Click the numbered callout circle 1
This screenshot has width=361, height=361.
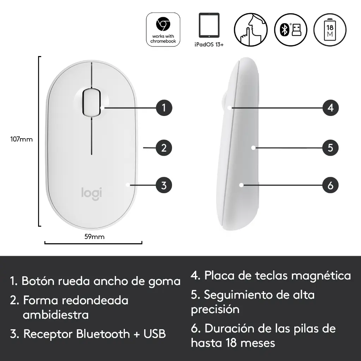pyautogui.click(x=164, y=108)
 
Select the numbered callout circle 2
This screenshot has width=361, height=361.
pyautogui.click(x=164, y=148)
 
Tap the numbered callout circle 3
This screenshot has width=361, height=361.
pyautogui.click(x=164, y=185)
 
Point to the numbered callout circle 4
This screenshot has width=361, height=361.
pyautogui.click(x=330, y=108)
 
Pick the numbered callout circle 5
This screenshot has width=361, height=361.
pyautogui.click(x=330, y=148)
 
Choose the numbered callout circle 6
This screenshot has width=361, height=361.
pyautogui.click(x=330, y=185)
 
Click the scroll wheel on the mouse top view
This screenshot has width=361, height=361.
pyautogui.click(x=91, y=102)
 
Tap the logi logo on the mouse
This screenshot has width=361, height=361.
pyautogui.click(x=92, y=194)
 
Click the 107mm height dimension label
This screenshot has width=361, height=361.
pyautogui.click(x=22, y=139)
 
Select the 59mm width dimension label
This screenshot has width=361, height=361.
pyautogui.click(x=94, y=237)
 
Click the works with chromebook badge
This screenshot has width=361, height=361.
pyautogui.click(x=163, y=30)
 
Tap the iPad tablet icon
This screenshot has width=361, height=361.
pyautogui.click(x=209, y=25)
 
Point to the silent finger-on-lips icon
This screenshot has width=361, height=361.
pyautogui.click(x=251, y=30)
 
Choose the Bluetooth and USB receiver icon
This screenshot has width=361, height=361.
pyautogui.click(x=290, y=30)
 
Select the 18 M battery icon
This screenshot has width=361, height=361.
pyautogui.click(x=330, y=30)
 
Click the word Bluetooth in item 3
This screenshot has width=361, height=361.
pyautogui.click(x=103, y=334)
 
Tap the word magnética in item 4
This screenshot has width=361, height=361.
pyautogui.click(x=321, y=276)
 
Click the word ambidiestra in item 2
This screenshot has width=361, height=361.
pyautogui.click(x=56, y=315)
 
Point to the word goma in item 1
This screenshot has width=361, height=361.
pyautogui.click(x=164, y=282)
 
